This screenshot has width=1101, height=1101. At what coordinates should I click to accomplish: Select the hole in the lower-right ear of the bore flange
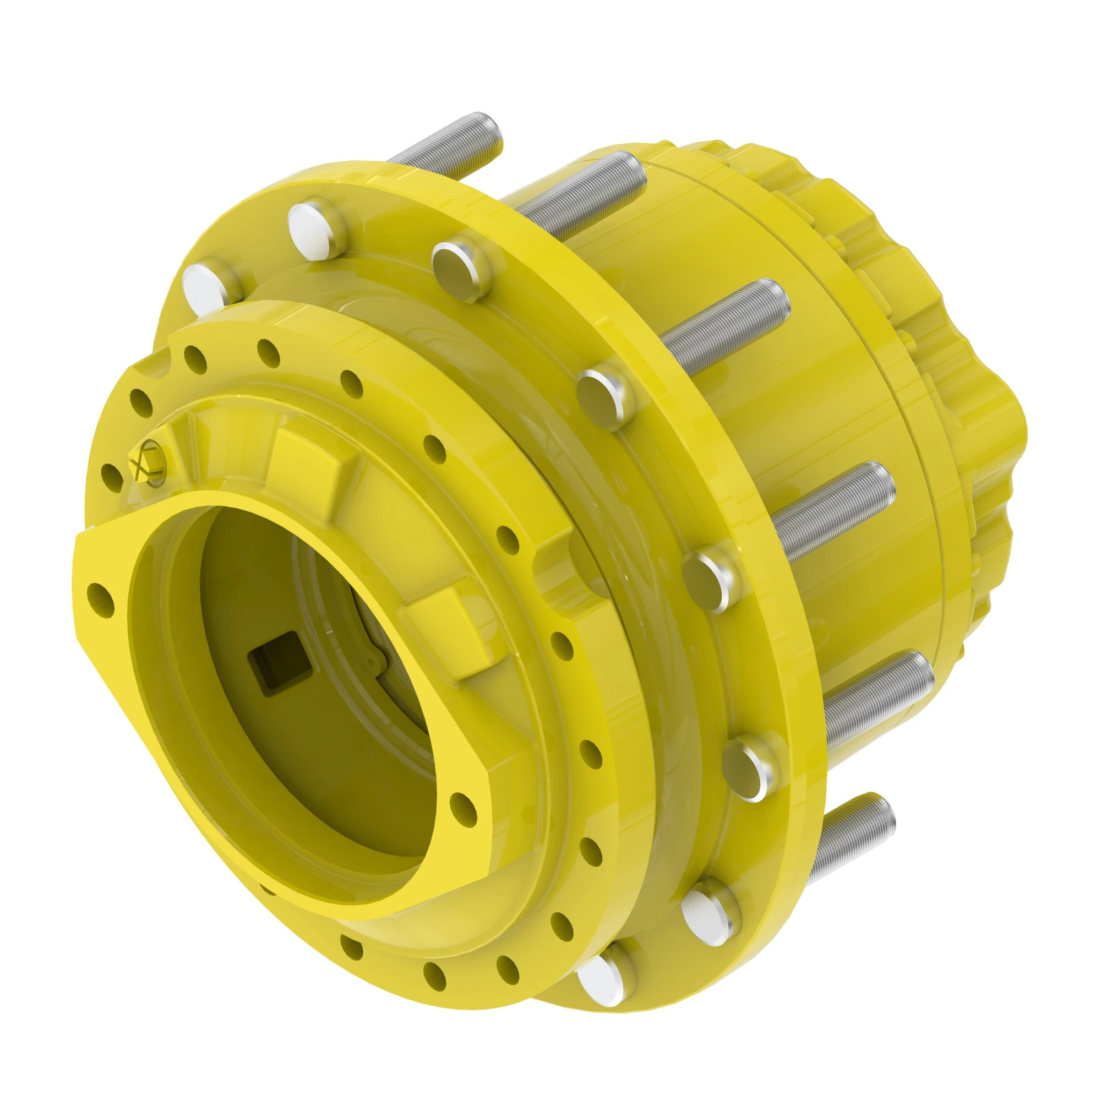click(464, 804)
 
